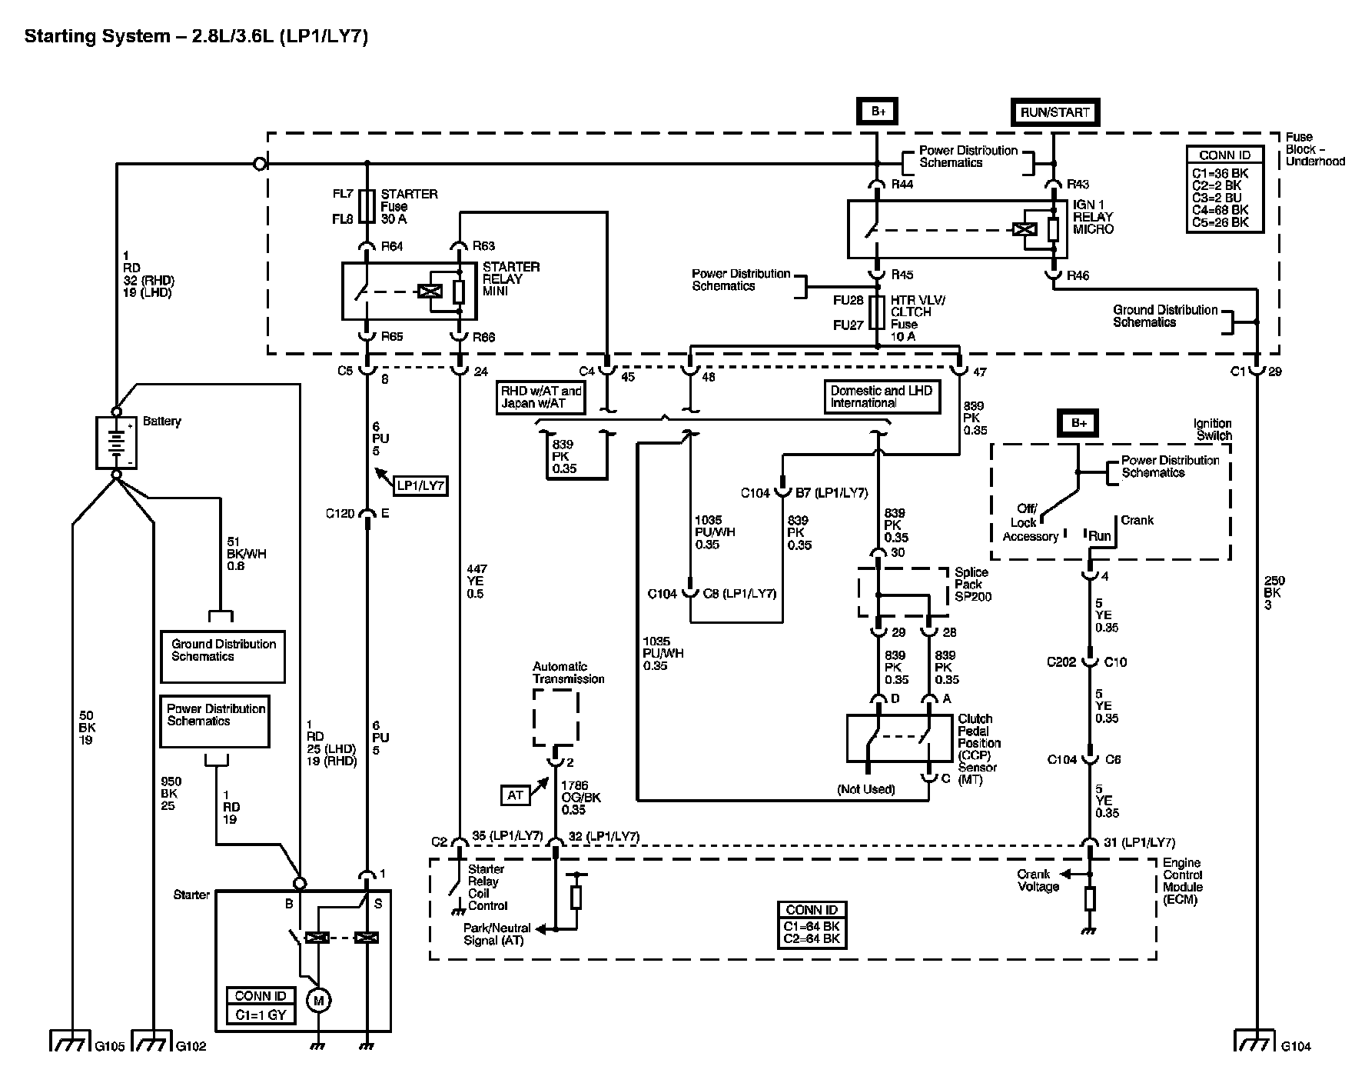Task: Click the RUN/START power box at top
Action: [1054, 112]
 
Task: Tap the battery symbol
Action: [116, 442]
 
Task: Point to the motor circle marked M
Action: [317, 1001]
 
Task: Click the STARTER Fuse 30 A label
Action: [409, 206]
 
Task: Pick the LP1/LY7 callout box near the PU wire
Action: [420, 485]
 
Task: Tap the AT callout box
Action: [515, 795]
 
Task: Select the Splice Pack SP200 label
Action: [973, 584]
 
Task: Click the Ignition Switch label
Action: [1212, 429]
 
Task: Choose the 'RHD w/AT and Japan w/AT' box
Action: [542, 397]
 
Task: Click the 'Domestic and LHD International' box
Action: [882, 397]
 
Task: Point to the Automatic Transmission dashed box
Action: [556, 718]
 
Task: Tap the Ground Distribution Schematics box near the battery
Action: [223, 656]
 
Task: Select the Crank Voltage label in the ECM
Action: [1038, 880]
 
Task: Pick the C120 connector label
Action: [340, 513]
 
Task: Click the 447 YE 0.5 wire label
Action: [477, 581]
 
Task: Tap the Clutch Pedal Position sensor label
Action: [979, 749]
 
